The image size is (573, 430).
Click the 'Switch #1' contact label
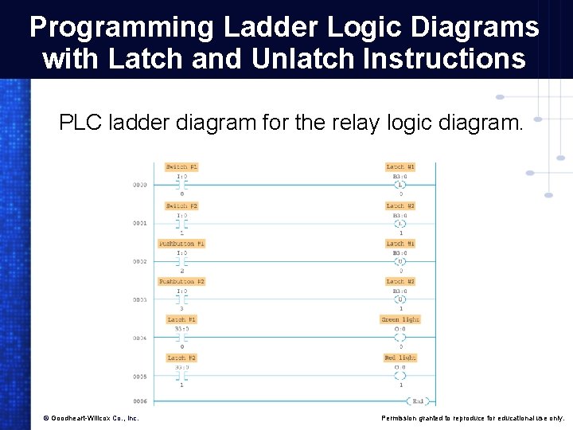click(181, 166)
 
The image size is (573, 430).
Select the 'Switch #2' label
click(181, 205)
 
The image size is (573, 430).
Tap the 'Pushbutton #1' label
click(181, 243)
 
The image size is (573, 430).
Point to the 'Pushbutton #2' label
click(181, 281)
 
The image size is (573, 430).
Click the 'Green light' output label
click(400, 319)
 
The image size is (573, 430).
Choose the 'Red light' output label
click(400, 358)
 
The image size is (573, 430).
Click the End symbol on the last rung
click(417, 401)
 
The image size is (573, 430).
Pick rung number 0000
click(139, 185)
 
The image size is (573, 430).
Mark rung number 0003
click(139, 300)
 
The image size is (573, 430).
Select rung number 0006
click(139, 401)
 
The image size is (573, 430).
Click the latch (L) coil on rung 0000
click(400, 185)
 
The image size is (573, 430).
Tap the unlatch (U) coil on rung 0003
click(400, 299)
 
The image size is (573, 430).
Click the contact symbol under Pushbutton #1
click(181, 261)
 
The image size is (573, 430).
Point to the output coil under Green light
click(400, 338)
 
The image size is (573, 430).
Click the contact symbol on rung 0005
click(181, 376)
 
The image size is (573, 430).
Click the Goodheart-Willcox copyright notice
click(91, 418)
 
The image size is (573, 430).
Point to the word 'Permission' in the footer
click(403, 418)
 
